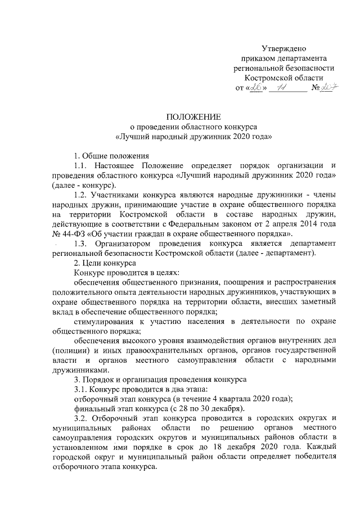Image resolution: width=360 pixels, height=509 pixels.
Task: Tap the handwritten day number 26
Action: click(255, 88)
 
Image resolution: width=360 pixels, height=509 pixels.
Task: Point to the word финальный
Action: click(94, 409)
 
